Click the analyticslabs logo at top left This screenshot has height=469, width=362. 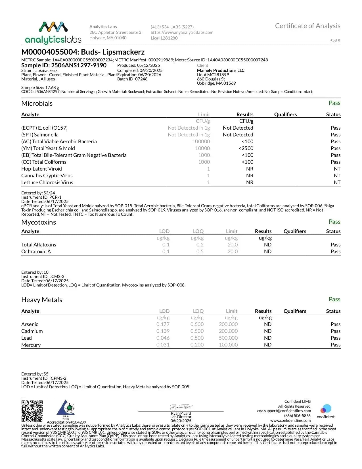(53, 33)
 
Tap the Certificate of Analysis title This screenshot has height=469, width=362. (307, 26)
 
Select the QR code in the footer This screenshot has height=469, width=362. (32, 411)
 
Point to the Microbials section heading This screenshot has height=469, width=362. (37, 103)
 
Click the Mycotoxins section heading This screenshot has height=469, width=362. (39, 222)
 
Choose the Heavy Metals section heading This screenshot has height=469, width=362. (42, 300)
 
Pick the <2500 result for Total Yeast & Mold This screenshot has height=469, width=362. (246, 148)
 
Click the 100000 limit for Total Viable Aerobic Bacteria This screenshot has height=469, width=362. (201, 142)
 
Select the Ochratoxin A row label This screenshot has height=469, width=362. (36, 252)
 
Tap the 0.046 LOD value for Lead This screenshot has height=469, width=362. (163, 338)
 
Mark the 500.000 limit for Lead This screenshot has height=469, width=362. (228, 338)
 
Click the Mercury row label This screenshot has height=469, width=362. (31, 345)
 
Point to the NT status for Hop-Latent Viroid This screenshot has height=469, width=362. (337, 169)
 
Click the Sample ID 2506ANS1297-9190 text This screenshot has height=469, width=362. (64, 65)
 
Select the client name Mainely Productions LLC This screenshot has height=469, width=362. (221, 70)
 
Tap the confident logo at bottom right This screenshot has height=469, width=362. (326, 411)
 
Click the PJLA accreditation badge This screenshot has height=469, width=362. (66, 410)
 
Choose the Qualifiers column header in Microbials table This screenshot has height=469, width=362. (285, 115)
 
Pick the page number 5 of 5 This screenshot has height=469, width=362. (335, 41)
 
